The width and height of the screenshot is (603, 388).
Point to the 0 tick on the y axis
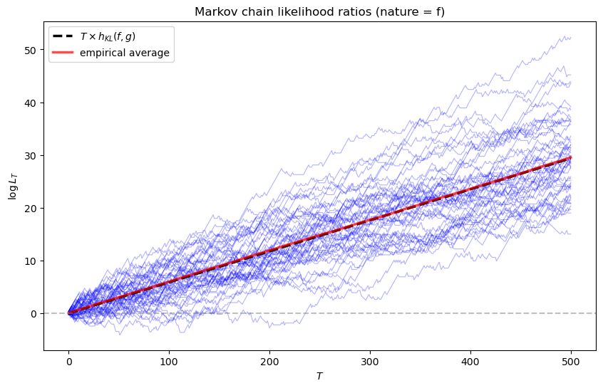click(33, 313)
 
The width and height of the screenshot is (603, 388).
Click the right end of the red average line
click(570, 158)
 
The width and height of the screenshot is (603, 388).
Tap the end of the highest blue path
click(570, 38)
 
